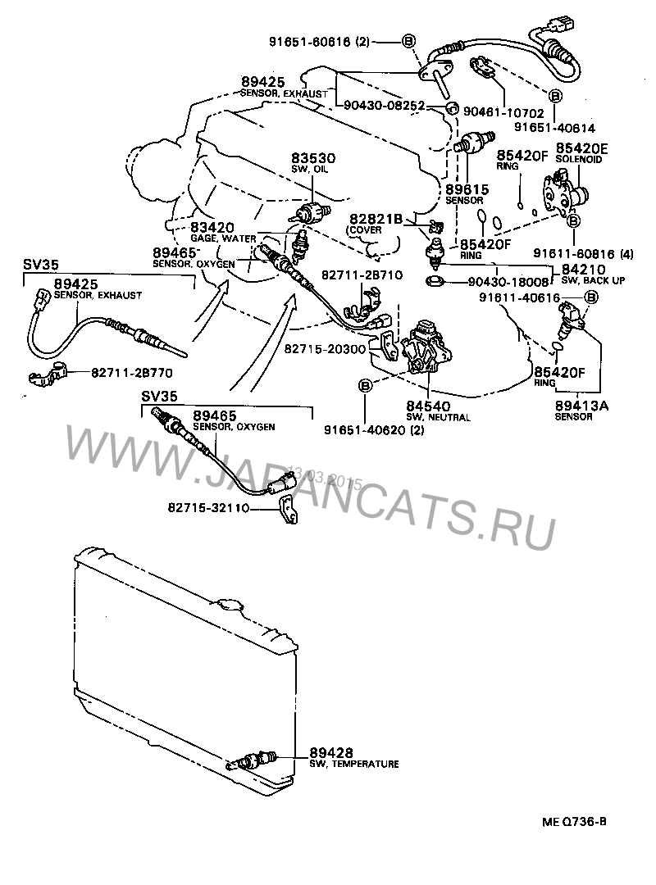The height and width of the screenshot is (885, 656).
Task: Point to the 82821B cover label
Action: (x=376, y=219)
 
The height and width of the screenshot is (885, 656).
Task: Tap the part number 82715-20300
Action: (x=323, y=349)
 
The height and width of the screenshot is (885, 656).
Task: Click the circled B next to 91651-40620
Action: (x=364, y=385)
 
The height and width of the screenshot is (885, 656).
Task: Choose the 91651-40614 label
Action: (x=555, y=127)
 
